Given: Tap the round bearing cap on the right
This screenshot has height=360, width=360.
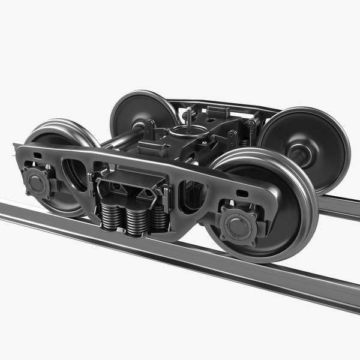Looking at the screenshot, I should tap(239, 224).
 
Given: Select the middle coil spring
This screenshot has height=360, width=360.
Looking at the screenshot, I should tap(137, 221).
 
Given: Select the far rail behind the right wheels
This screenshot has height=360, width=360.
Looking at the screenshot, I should tap(339, 207).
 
